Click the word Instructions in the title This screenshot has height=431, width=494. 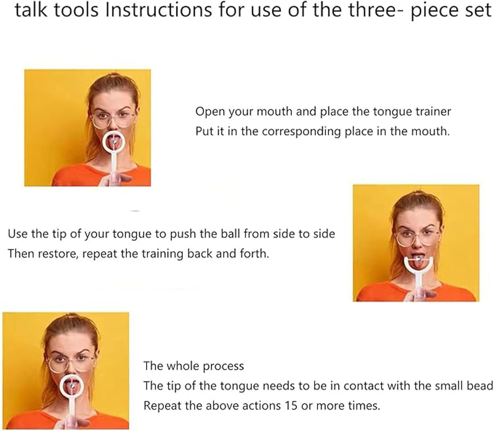(x=158, y=10)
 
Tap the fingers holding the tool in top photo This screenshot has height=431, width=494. (x=115, y=179)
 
